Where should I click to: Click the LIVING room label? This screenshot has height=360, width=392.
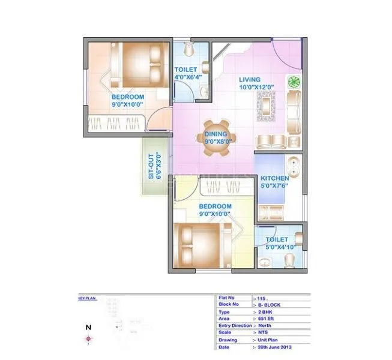(249, 79)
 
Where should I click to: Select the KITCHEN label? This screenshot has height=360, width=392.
(274, 178)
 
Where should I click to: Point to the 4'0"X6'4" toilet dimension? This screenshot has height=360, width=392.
(188, 77)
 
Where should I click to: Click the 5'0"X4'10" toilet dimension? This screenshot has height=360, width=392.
(279, 247)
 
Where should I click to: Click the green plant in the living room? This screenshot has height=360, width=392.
(294, 82)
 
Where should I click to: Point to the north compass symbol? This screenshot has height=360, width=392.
(88, 340)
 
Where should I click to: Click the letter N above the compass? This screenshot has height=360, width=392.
(88, 327)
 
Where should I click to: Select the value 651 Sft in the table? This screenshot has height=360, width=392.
(265, 318)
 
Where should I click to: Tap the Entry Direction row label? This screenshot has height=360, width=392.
(235, 325)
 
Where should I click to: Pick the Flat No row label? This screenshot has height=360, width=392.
(228, 298)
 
